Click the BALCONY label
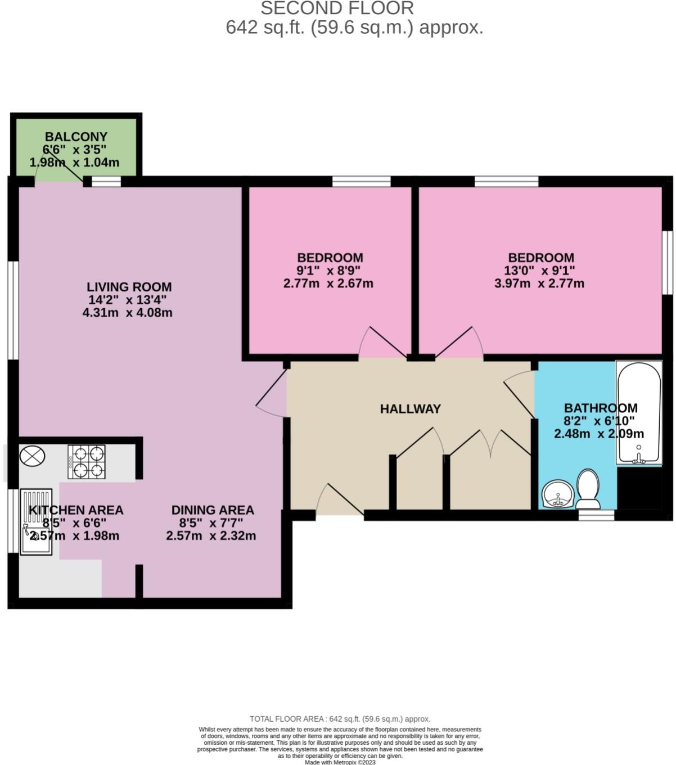[76, 137]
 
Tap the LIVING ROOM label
[129, 287]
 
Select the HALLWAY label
[410, 409]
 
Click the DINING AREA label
[213, 510]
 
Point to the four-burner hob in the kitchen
[87, 462]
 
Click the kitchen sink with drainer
[37, 521]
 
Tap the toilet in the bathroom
[588, 489]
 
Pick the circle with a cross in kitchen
[32, 455]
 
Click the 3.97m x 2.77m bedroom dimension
[539, 283]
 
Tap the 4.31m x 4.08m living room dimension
[128, 313]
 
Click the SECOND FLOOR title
[337, 8]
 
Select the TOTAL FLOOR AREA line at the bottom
[340, 719]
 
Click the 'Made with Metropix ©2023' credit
[340, 762]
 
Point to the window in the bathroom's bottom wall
[596, 514]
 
